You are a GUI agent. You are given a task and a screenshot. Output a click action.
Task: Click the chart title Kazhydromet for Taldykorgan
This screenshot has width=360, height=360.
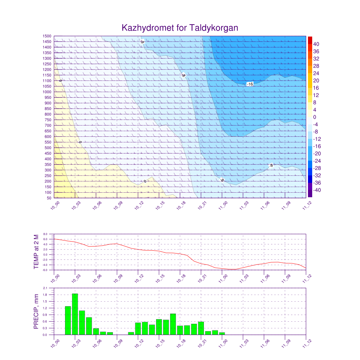(x=180, y=28)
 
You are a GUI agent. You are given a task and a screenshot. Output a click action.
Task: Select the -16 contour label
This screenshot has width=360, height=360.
(x=250, y=84)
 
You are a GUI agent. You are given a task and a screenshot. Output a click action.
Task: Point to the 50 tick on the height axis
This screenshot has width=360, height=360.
(x=49, y=198)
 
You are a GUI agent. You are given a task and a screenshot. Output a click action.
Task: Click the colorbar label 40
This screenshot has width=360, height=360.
(x=316, y=44)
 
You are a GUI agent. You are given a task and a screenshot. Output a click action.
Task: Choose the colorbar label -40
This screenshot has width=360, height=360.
(x=316, y=190)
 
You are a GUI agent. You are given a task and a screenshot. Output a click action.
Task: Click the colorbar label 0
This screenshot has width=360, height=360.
(x=315, y=117)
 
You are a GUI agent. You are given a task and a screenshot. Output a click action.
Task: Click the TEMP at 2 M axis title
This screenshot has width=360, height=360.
(x=36, y=252)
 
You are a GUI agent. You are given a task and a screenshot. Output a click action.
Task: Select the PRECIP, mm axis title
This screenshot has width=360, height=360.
(x=36, y=311)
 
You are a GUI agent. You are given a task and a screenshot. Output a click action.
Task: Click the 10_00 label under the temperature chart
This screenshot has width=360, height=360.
(x=55, y=279)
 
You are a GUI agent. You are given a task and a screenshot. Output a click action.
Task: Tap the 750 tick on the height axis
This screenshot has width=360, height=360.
(x=48, y=120)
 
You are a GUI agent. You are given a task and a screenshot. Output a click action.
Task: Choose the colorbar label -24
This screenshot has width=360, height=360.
(x=316, y=161)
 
